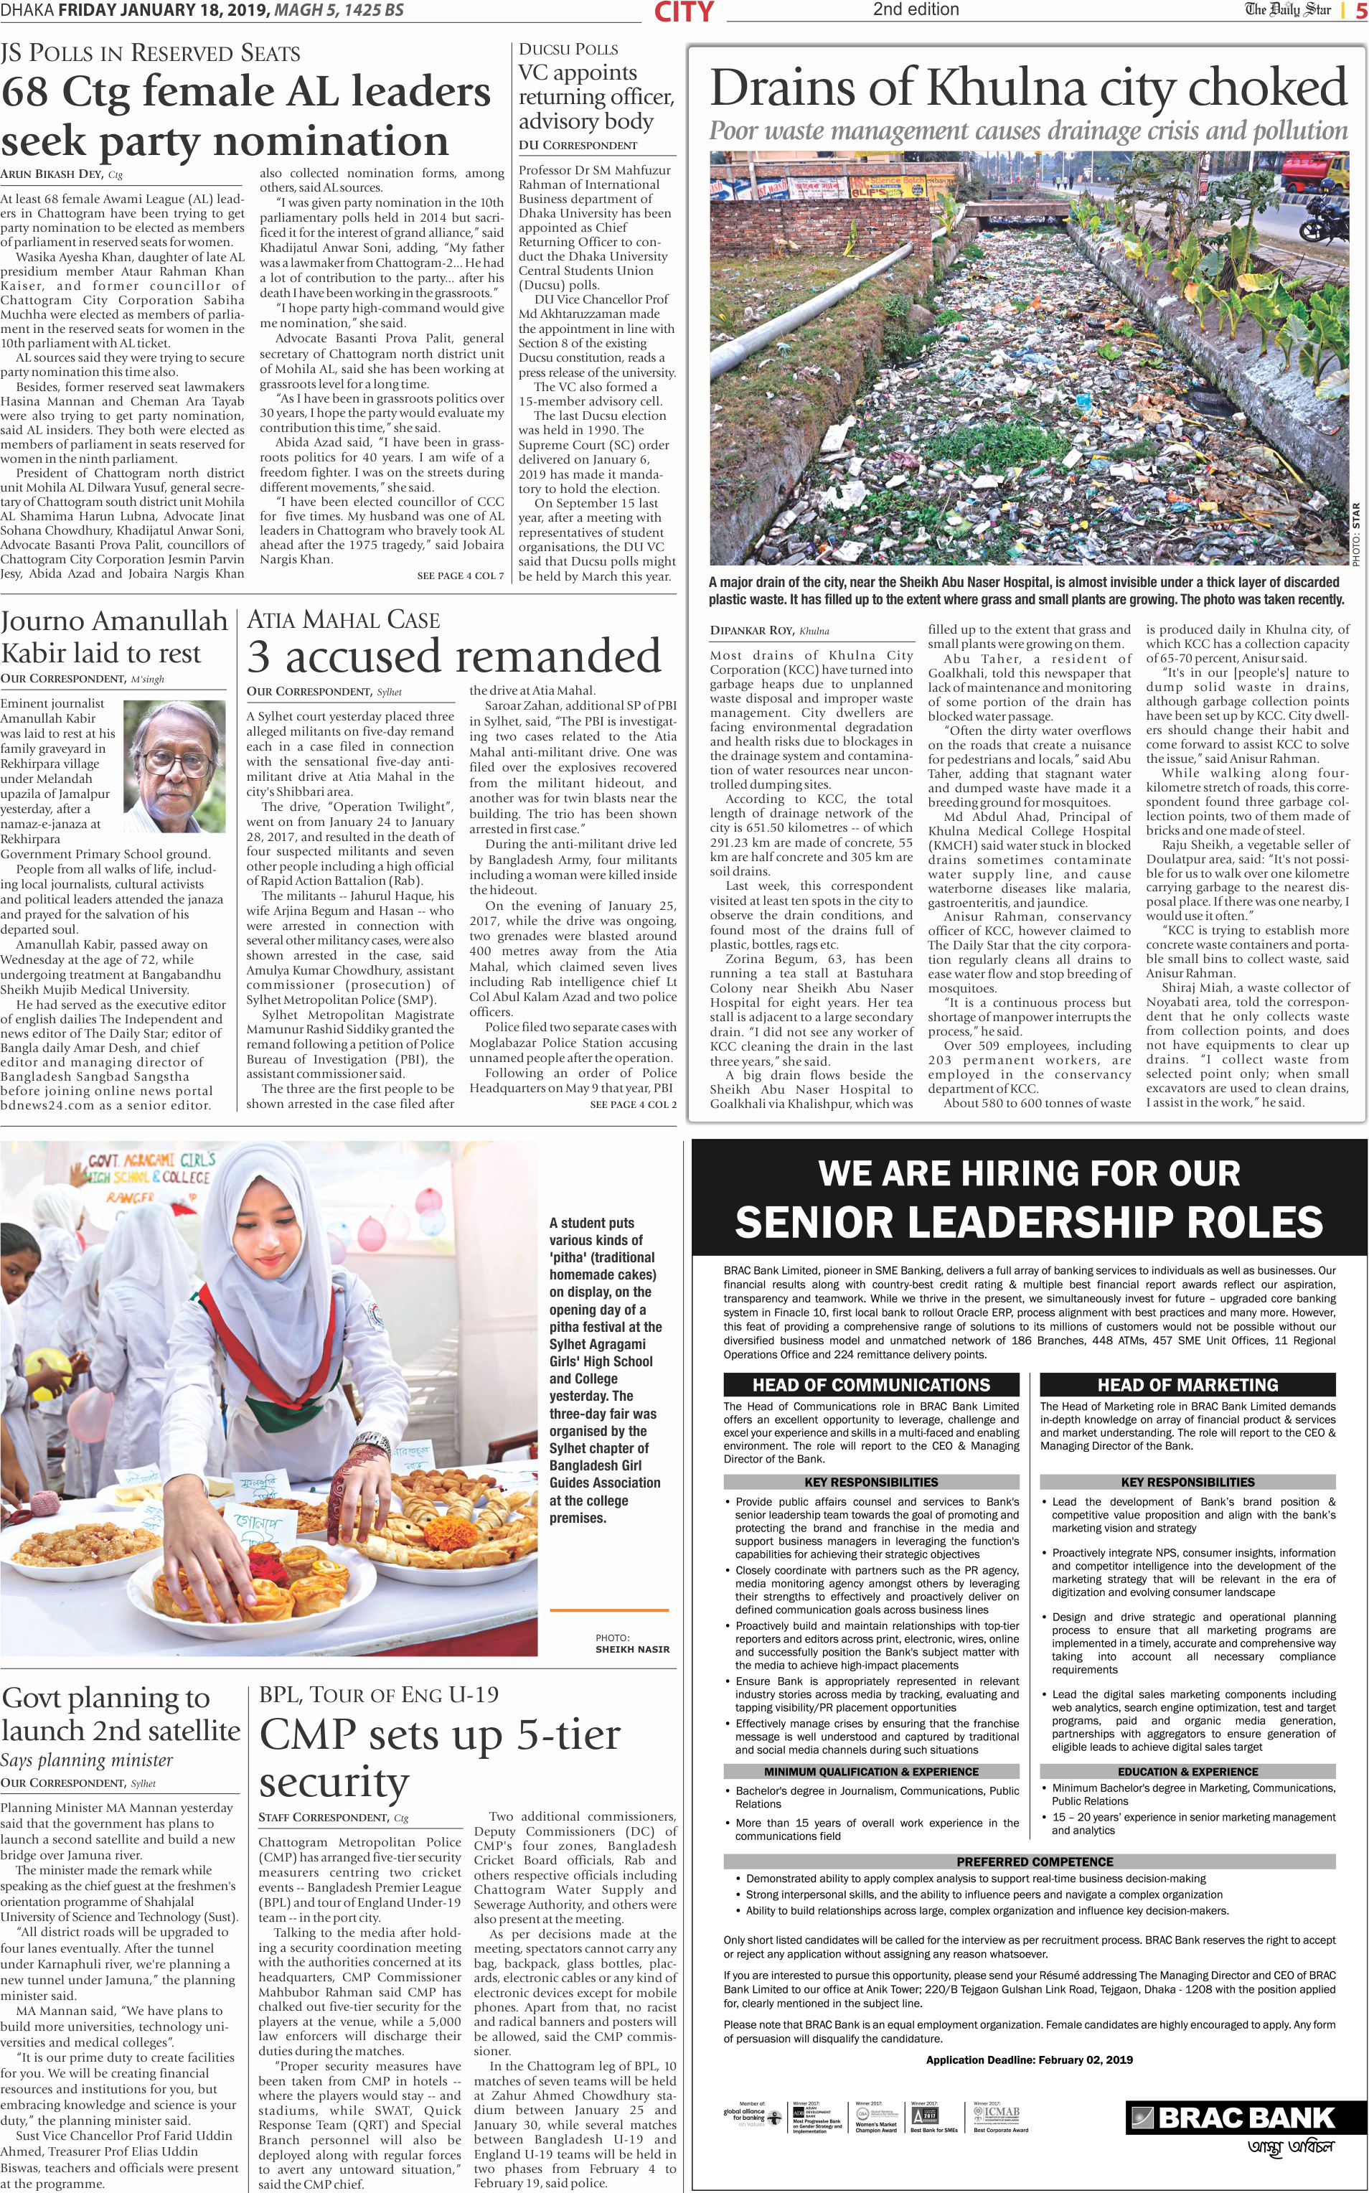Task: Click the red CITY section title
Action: [x=684, y=11]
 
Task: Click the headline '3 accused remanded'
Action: [x=454, y=657]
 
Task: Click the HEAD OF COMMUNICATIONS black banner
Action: [x=871, y=1384]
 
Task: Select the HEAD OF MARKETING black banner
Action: [x=1187, y=1384]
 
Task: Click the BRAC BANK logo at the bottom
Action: [x=1232, y=2117]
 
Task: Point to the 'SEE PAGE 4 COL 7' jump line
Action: [x=460, y=576]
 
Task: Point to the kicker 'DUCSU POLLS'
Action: [x=568, y=49]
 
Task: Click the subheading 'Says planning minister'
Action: [x=87, y=1760]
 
